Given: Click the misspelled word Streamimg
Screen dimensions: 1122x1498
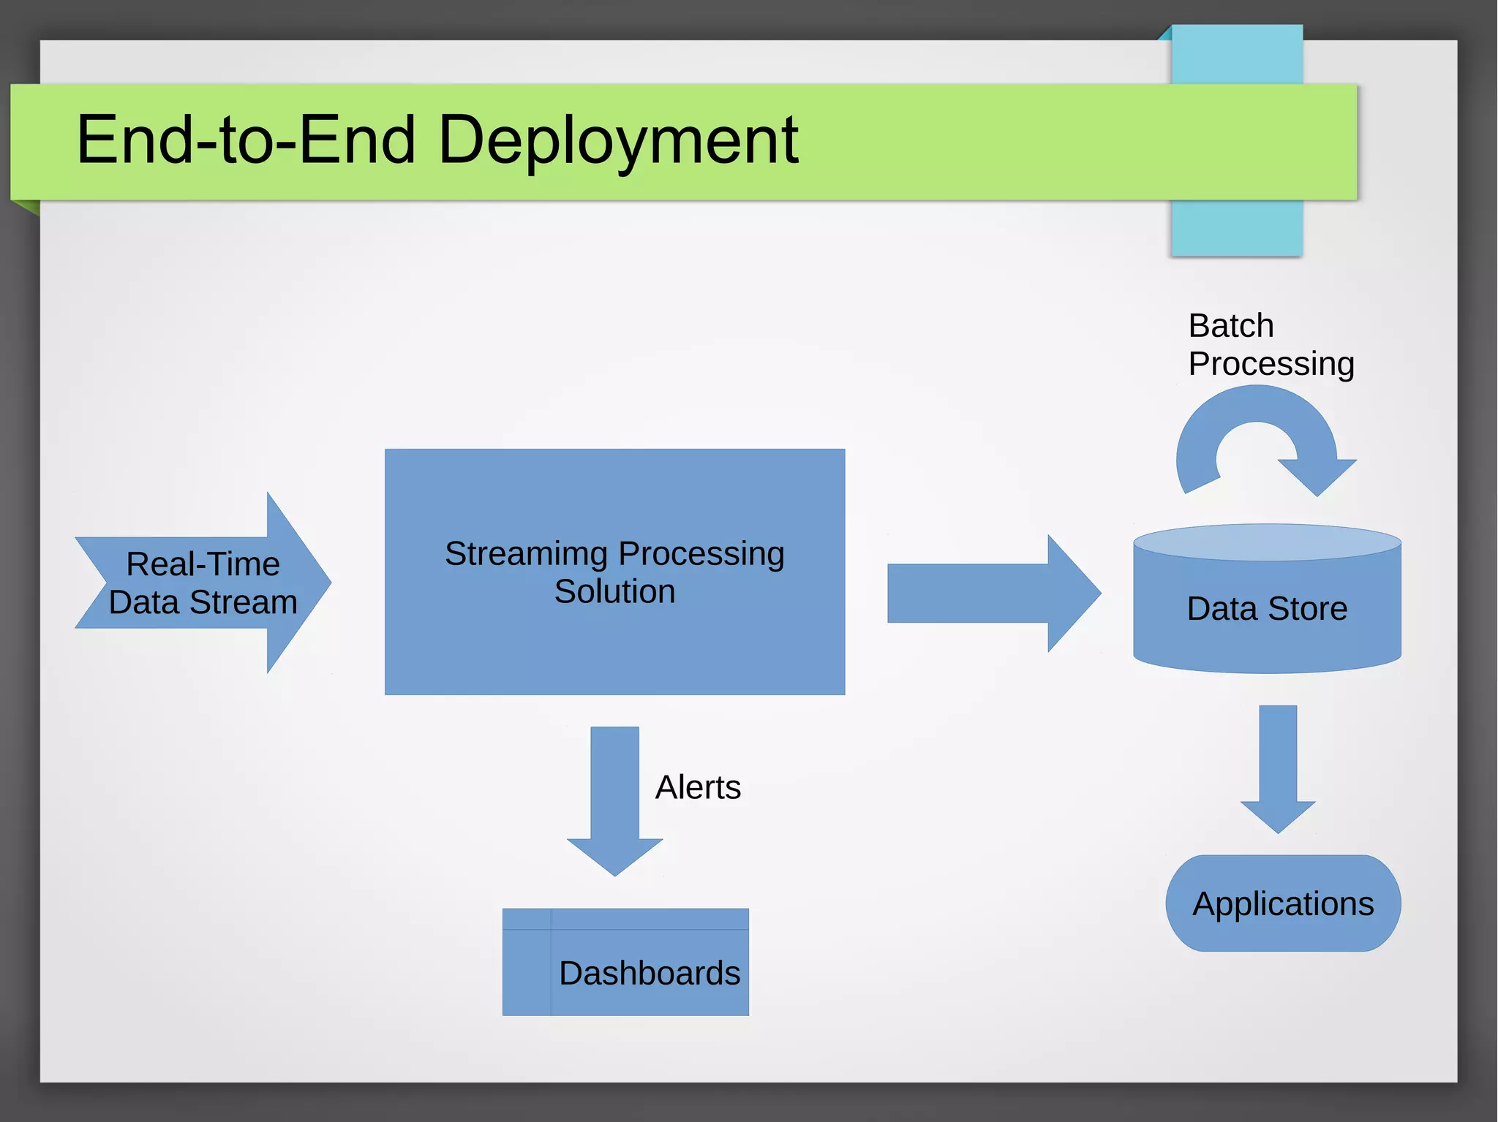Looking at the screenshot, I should pos(526,553).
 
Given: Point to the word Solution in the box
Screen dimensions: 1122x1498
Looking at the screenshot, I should pos(614,591).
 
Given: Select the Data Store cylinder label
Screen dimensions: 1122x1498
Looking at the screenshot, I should pos(1267,608).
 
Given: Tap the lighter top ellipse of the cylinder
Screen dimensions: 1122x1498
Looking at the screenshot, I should pos(1267,542).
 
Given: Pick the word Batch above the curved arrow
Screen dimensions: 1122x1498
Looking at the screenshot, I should pos(1231,325).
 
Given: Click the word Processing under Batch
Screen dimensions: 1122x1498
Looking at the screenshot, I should pos(1271,363).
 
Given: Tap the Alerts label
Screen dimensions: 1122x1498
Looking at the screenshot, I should pos(698,787).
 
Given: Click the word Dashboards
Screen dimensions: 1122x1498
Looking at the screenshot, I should pos(650,973).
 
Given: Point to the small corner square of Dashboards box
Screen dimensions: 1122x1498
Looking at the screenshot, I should pos(526,919).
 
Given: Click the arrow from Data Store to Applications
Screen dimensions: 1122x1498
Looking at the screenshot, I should pos(1278,767).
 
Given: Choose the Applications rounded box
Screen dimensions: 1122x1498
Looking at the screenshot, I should pos(1283,903).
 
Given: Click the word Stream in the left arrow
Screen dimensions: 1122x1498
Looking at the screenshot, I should pos(244,602).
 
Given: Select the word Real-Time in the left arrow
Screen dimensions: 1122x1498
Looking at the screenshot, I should pos(203,564).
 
